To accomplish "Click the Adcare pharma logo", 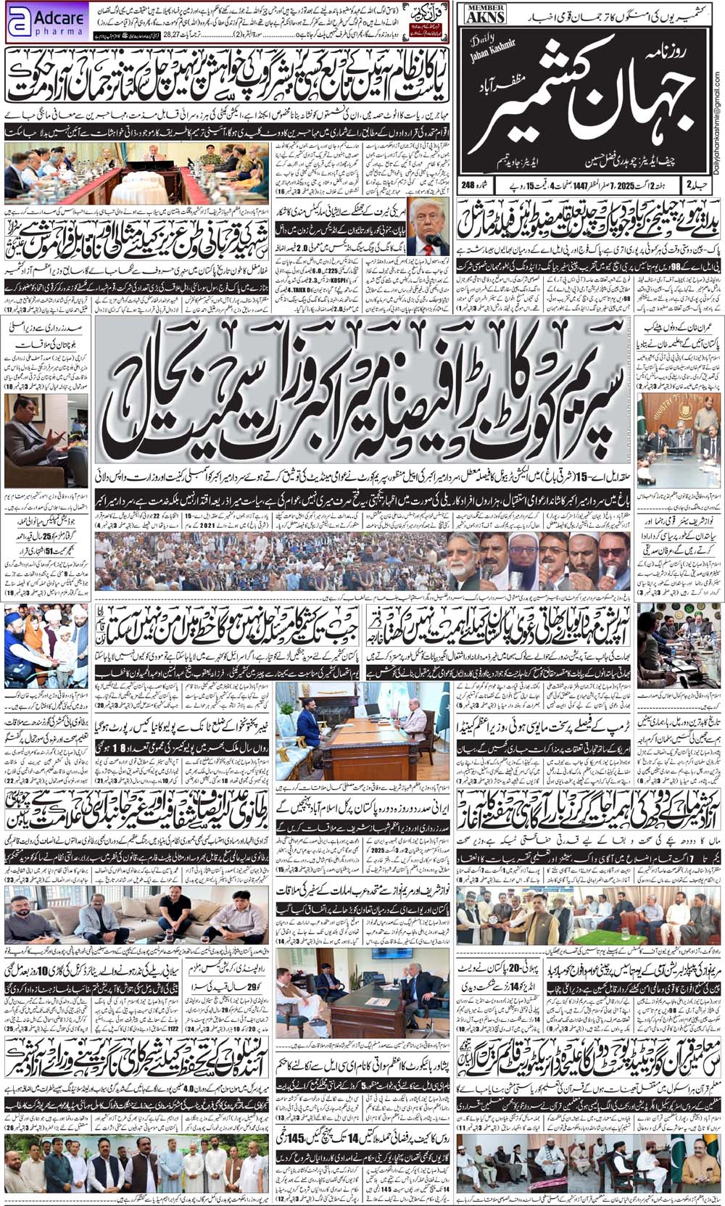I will click(46, 21).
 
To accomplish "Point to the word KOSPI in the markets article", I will click(358, 278).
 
